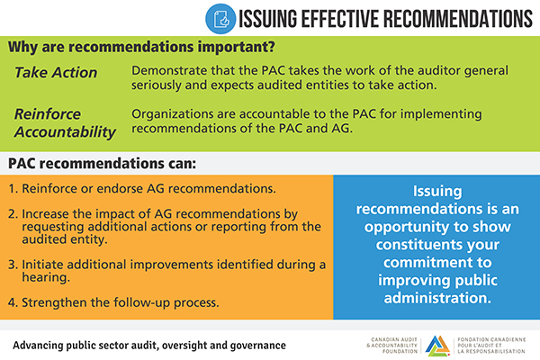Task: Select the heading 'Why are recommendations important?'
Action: [x=142, y=46]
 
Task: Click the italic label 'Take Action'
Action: [x=56, y=71]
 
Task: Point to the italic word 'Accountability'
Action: [x=66, y=132]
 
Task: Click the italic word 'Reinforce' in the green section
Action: [x=47, y=115]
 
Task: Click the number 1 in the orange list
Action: [x=14, y=190]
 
